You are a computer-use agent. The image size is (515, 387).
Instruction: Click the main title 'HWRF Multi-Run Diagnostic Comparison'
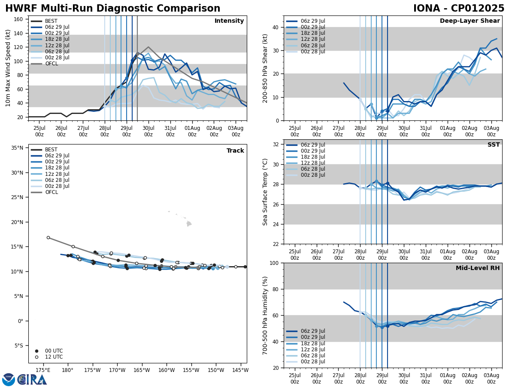click(112, 9)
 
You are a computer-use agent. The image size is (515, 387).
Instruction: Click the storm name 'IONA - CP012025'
click(458, 9)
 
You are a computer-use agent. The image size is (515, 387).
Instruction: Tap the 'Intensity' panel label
click(229, 21)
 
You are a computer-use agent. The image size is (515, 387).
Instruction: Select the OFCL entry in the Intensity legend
click(51, 64)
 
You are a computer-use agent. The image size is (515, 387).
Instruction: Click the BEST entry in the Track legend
click(51, 150)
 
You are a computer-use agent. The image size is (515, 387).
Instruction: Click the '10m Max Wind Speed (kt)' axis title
click(8, 68)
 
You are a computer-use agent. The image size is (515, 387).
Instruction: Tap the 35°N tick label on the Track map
click(17, 148)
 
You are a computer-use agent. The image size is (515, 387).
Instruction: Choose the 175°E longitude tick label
click(42, 370)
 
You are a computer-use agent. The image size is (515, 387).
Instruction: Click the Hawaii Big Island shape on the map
click(188, 224)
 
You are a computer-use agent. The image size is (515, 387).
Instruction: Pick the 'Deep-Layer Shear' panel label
click(470, 21)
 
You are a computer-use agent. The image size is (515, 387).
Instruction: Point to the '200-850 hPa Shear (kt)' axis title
click(266, 68)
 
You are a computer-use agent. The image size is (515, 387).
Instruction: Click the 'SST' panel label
click(493, 145)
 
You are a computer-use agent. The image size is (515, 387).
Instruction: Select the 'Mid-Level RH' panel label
click(478, 268)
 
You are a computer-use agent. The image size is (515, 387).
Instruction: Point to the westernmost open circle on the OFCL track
click(48, 237)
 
